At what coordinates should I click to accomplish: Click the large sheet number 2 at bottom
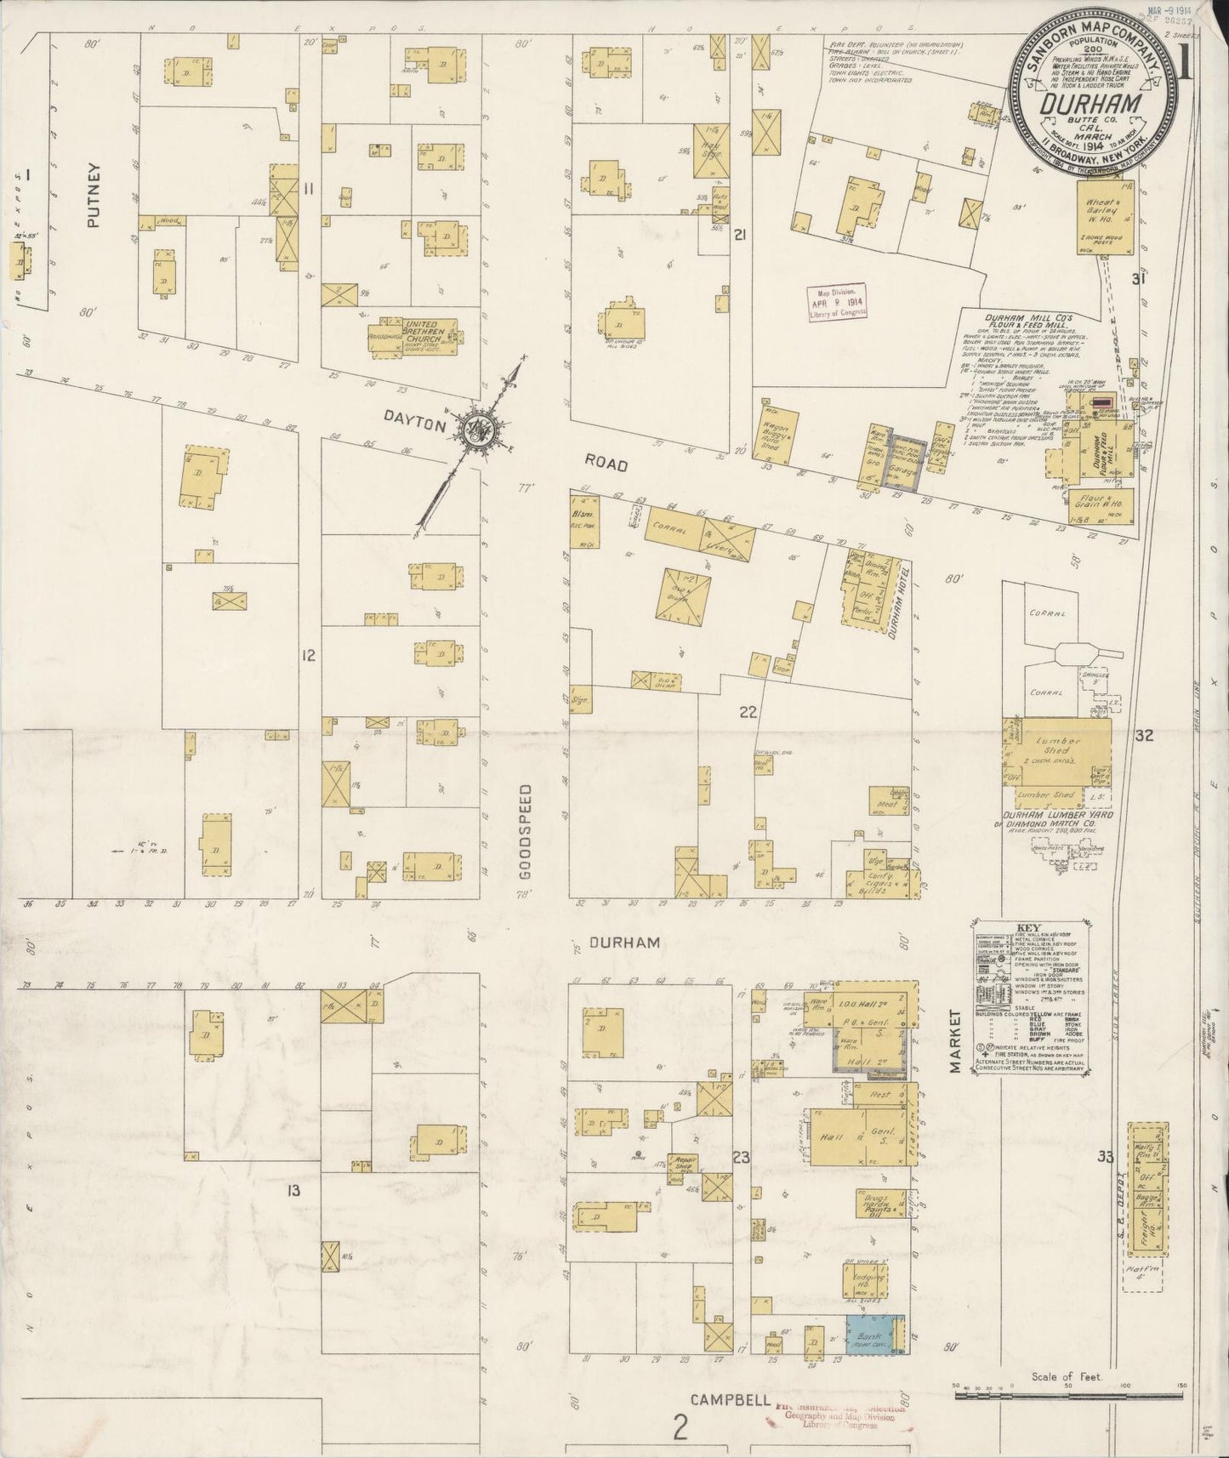679,1430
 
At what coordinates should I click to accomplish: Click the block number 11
310,190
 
